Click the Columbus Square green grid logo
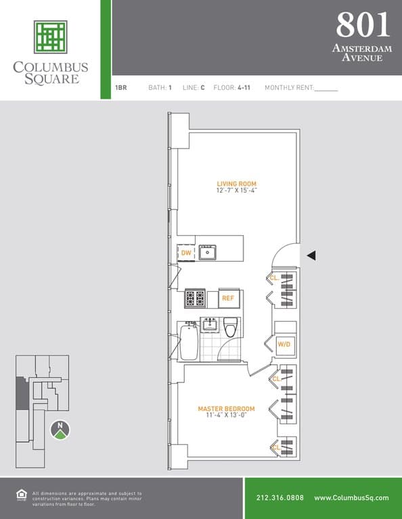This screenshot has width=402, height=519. (50, 37)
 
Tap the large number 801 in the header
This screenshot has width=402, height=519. (363, 25)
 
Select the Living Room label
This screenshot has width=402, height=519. (236, 184)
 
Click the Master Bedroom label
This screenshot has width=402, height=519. (226, 409)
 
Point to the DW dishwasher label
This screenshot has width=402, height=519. (186, 253)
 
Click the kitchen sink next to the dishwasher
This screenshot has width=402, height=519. (207, 253)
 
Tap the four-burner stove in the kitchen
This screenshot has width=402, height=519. (196, 298)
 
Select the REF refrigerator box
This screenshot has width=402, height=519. (228, 298)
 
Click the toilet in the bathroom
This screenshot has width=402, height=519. (230, 327)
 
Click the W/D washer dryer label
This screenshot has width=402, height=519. (284, 345)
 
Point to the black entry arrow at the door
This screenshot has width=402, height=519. (311, 255)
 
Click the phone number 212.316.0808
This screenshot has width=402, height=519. (280, 498)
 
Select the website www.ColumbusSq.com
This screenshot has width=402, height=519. (351, 498)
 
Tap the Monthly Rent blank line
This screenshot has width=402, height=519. (326, 89)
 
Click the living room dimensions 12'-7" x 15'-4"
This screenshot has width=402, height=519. (236, 191)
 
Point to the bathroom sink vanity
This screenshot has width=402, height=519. (209, 325)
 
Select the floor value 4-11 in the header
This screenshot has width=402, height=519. (244, 88)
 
